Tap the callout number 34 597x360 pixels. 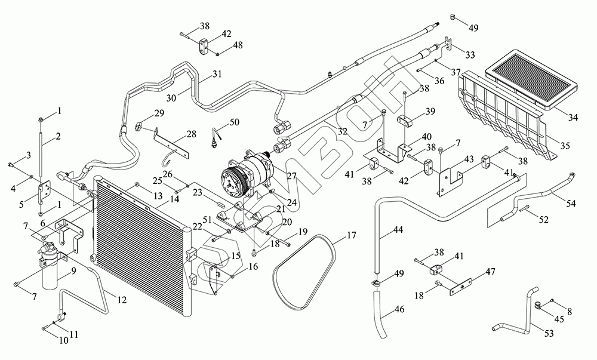coord(573,118)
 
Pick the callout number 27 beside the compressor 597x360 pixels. coord(291,176)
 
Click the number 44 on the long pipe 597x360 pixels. coord(398,230)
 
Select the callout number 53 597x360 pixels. coord(549,334)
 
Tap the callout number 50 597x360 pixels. coord(234,122)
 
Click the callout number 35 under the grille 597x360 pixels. coord(565,146)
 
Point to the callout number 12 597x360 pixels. coord(121,300)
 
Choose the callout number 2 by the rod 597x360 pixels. coord(58,136)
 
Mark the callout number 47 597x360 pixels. coord(490,272)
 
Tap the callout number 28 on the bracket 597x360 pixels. coord(192,134)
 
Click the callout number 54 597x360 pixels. coord(571,204)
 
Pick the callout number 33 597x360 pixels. coord(470,55)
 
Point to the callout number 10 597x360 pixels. coord(64,340)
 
